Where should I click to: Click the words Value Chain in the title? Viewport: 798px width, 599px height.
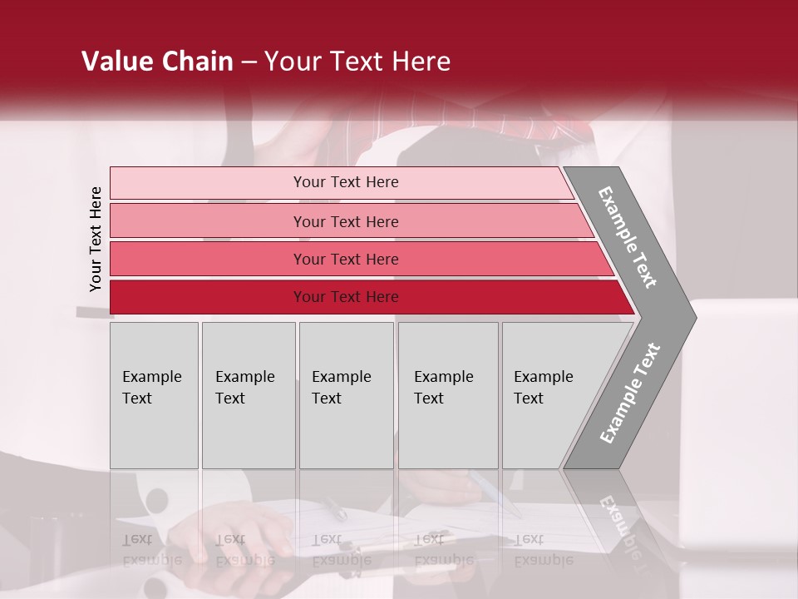coord(157,62)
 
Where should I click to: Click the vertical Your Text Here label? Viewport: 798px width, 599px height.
coord(96,240)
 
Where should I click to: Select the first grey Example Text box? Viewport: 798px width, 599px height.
coord(154,395)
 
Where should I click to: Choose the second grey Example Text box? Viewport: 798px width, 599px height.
coord(249,395)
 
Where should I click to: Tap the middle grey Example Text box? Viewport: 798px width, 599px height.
coord(346,395)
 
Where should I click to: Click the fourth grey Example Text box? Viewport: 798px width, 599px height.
coord(448,395)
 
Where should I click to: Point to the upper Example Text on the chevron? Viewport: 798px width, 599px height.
coord(628,237)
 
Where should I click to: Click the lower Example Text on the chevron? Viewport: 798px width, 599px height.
coord(629,394)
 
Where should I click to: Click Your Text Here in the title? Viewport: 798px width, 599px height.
coord(357,62)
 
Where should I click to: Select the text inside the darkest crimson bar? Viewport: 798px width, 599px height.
coord(346,297)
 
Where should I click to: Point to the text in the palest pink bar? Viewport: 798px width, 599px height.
coord(346,182)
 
